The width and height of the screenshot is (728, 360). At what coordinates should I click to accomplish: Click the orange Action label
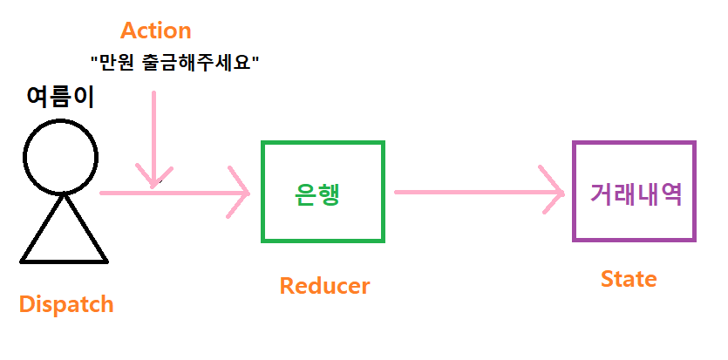pyautogui.click(x=155, y=31)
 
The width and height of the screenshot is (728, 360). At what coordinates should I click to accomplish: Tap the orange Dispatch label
pyautogui.click(x=66, y=304)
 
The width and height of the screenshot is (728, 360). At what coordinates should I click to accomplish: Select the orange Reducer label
pyautogui.click(x=324, y=285)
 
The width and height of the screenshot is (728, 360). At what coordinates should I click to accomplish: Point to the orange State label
pyautogui.click(x=628, y=279)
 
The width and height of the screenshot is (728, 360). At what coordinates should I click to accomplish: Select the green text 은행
pyautogui.click(x=317, y=194)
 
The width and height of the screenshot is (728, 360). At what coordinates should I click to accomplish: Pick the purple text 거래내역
pyautogui.click(x=635, y=193)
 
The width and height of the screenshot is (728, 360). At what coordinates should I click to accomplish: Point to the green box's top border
pyautogui.click(x=323, y=143)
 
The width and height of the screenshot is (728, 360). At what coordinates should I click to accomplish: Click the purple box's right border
pyautogui.click(x=694, y=191)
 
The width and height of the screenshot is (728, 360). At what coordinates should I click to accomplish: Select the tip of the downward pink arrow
pyautogui.click(x=153, y=184)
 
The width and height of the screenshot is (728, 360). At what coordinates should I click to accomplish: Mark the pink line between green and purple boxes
pyautogui.click(x=471, y=191)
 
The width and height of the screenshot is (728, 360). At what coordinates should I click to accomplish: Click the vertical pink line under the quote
pyautogui.click(x=153, y=131)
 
